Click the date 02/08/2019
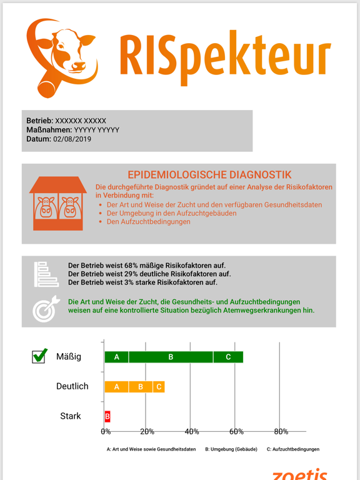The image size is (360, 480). click(x=72, y=139)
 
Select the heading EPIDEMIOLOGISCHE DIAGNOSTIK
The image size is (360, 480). click(x=209, y=175)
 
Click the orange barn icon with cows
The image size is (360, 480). click(x=58, y=204)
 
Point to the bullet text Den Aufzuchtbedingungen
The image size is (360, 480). click(x=148, y=222)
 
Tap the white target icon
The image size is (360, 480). click(x=46, y=308)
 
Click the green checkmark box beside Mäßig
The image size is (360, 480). click(x=39, y=356)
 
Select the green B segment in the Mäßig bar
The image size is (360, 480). click(x=171, y=357)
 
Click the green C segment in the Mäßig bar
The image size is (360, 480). click(x=228, y=357)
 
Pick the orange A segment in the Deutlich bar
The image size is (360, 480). click(x=117, y=387)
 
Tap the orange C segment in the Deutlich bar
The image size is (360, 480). click(x=159, y=387)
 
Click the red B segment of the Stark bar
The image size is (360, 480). click(x=107, y=416)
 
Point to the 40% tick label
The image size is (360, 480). click(x=192, y=432)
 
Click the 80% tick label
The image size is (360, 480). click(x=281, y=432)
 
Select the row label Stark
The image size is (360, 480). click(x=71, y=416)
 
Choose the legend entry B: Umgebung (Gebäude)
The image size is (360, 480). click(x=231, y=449)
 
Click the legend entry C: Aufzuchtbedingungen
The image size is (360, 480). click(x=292, y=449)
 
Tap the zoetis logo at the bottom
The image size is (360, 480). click(x=299, y=474)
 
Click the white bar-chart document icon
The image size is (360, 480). click(x=46, y=273)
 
